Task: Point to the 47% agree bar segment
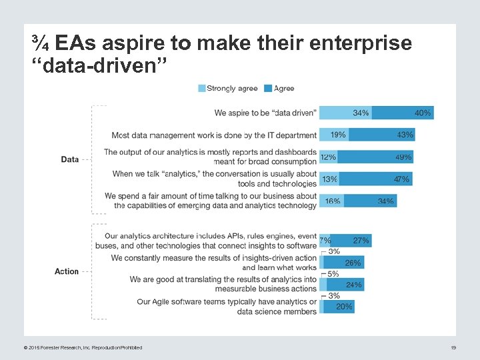pyautogui.click(x=376, y=179)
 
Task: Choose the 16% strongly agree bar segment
pyautogui.click(x=331, y=201)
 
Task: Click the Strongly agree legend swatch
pyautogui.click(x=201, y=88)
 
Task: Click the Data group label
pyautogui.click(x=70, y=159)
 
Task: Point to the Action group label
pyautogui.click(x=67, y=271)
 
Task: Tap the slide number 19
pyautogui.click(x=453, y=347)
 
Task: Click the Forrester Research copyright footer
pyautogui.click(x=83, y=347)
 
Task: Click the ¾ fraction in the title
pyautogui.click(x=40, y=44)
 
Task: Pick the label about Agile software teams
pyautogui.click(x=227, y=307)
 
